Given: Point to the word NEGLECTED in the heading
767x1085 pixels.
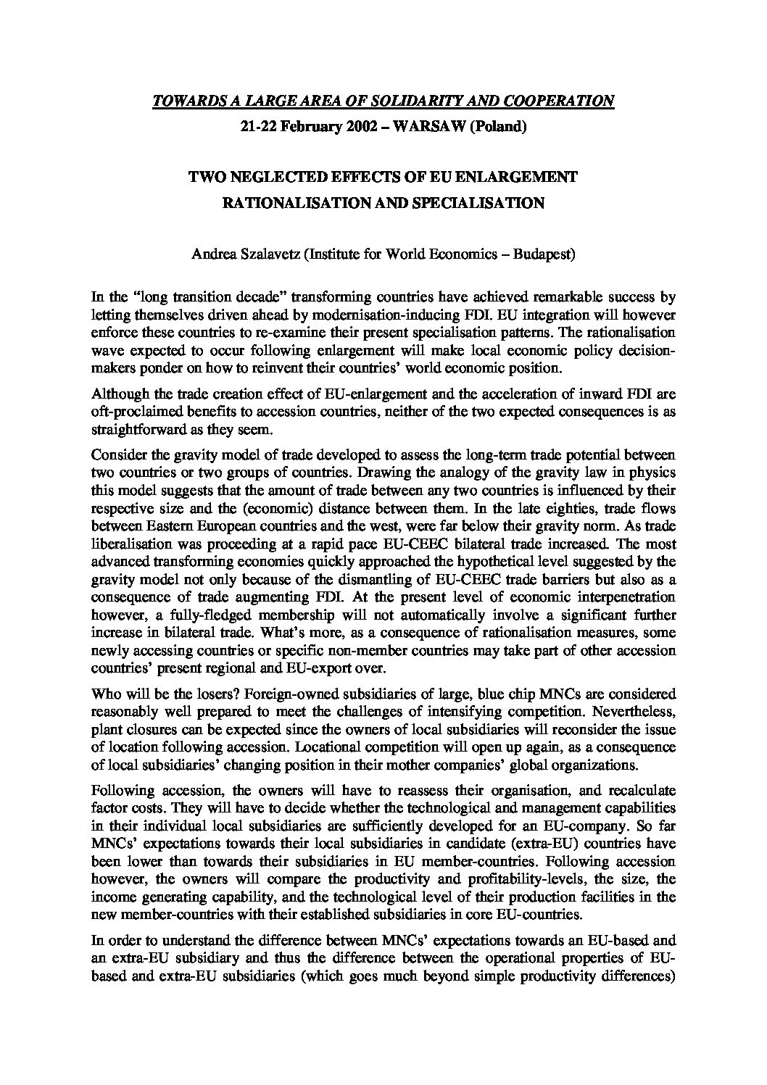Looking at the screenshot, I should (x=274, y=177).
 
